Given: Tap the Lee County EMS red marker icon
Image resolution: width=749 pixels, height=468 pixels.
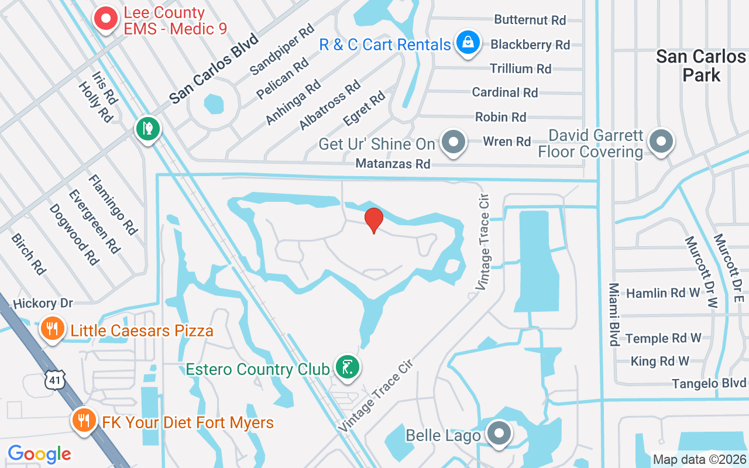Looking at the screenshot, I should [106, 19].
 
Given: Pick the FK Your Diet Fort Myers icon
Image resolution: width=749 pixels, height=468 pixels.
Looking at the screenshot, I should [84, 420].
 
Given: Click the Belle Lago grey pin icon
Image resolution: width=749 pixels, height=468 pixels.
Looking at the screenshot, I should [499, 433].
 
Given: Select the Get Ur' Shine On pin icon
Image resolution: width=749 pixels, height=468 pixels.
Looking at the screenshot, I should [453, 142].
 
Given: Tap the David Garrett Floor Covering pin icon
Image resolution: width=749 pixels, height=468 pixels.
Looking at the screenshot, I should [661, 141].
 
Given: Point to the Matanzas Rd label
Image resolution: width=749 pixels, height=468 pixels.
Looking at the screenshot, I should [393, 164].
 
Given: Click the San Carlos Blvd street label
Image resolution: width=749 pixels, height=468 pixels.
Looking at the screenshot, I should [214, 70].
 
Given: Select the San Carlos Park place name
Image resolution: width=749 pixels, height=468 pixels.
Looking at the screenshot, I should [700, 66].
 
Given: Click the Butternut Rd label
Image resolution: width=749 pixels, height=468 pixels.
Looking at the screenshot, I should [530, 20].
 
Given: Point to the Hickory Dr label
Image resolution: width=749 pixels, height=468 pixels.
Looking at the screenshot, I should [43, 303].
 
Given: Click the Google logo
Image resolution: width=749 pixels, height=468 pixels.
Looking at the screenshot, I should [40, 453].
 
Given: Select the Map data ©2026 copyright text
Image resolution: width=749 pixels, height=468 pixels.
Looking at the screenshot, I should [700, 460].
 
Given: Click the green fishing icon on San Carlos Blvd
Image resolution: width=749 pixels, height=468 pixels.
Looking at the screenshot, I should [148, 129].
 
